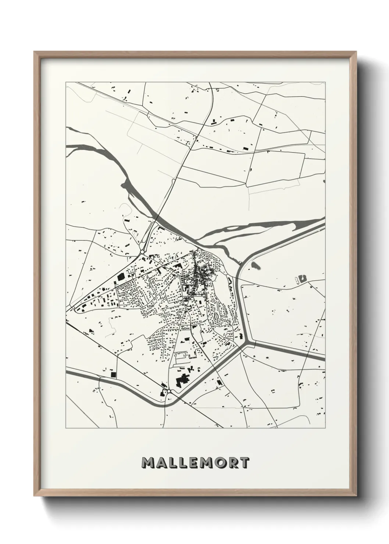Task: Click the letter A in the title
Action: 161,463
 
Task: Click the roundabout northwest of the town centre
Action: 142,252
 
